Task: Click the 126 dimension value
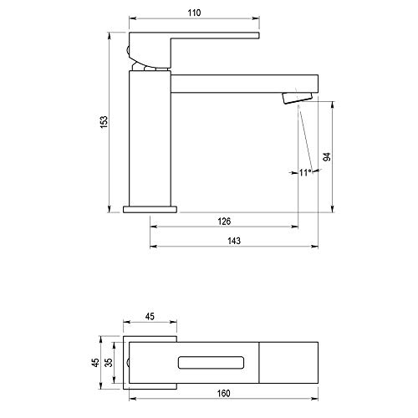click(223, 221)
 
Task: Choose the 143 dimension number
click(234, 241)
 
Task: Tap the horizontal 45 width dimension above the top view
click(150, 318)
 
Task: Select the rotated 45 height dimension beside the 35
click(94, 363)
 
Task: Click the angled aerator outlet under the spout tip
click(301, 97)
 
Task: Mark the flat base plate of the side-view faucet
click(150, 208)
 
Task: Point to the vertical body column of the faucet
click(150, 138)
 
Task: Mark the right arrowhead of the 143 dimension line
click(319, 247)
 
